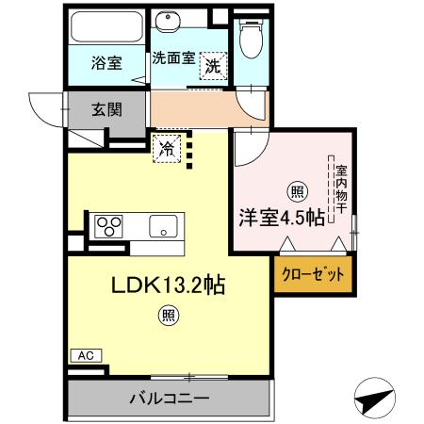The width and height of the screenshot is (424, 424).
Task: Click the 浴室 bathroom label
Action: click(106, 65)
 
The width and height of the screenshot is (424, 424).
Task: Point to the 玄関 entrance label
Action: click(106, 109)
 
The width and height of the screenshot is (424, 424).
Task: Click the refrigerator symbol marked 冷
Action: click(166, 148)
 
